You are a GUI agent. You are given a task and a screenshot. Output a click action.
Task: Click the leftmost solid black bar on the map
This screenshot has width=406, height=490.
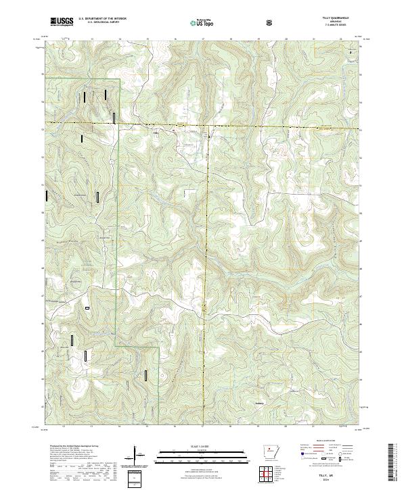(46, 196)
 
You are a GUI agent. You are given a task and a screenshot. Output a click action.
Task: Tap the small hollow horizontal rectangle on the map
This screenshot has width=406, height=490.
(87, 308)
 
